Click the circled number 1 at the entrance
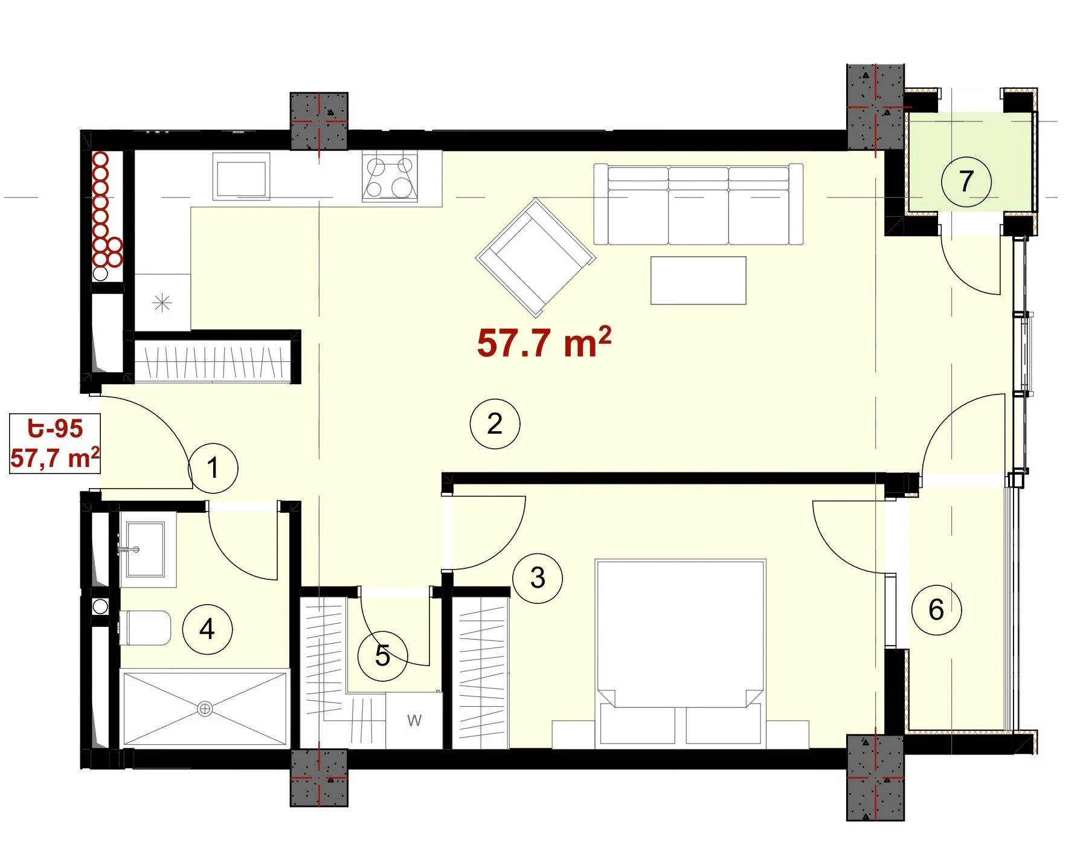(213, 468)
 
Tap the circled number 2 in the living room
(495, 423)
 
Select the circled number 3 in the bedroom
(538, 578)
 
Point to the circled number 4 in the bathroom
(207, 629)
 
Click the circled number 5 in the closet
(382, 656)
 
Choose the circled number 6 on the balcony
(936, 609)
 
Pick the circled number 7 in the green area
(966, 181)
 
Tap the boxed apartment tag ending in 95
(55, 443)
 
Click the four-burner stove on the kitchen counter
(390, 176)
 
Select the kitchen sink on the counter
(241, 176)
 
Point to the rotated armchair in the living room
(536, 257)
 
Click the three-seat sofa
(698, 204)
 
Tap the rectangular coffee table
(698, 280)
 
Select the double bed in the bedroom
(681, 652)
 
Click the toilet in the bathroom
(145, 628)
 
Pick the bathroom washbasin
(145, 549)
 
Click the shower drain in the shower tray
(205, 709)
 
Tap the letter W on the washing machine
(414, 720)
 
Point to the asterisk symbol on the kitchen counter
(162, 303)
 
